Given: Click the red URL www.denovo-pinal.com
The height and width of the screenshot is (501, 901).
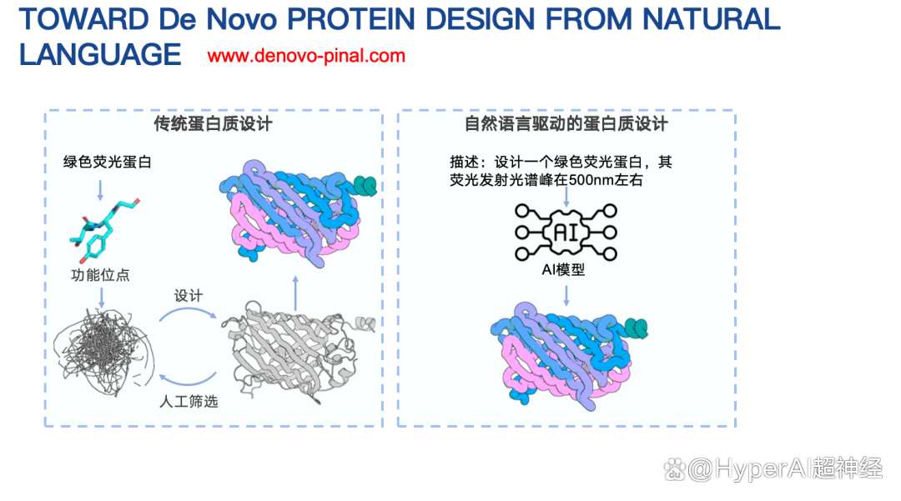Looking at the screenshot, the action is (x=306, y=56).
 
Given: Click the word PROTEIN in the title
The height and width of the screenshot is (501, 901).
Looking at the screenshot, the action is (x=351, y=19).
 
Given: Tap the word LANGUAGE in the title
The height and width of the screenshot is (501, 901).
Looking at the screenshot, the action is (x=101, y=54).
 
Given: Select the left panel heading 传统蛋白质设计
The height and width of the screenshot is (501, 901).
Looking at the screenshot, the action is (x=214, y=124).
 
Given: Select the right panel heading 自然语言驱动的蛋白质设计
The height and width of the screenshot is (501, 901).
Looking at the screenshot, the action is (x=566, y=124).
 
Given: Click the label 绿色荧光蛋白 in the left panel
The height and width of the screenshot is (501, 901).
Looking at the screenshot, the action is (x=108, y=162).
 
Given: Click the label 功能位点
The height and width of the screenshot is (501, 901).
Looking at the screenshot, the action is (x=101, y=275).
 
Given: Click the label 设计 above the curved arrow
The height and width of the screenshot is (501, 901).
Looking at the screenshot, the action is (x=189, y=296).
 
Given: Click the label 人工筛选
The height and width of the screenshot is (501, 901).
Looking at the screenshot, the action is (x=189, y=402).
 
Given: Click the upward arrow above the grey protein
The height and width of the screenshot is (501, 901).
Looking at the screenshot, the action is (x=295, y=293).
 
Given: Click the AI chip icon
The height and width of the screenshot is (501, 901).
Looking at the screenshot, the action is (x=566, y=233).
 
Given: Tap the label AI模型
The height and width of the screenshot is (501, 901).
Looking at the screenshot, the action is (x=563, y=270).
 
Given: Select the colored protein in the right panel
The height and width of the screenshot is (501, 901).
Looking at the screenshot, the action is (x=569, y=357).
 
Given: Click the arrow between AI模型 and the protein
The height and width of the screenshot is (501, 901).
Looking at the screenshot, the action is (x=566, y=296).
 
